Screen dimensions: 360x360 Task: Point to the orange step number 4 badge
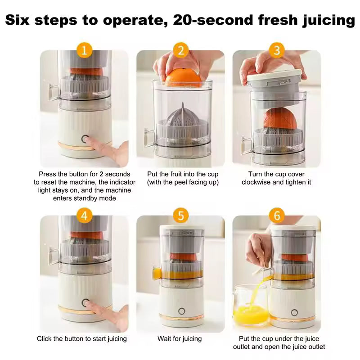coord(84,216)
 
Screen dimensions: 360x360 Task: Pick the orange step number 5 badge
coord(180,216)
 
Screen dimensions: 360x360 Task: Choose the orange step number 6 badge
coord(276,216)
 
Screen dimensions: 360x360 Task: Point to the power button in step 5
coord(181,311)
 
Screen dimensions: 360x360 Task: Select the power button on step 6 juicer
coord(294,312)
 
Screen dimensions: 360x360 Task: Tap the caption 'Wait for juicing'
coord(180,338)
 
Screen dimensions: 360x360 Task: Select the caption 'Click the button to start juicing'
coord(82,338)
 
